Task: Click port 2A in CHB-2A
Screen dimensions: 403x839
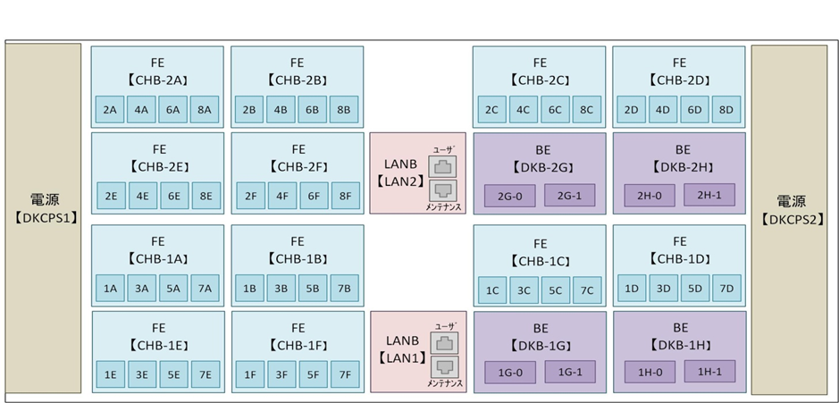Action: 109,110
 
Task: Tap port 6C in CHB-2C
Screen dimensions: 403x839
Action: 555,110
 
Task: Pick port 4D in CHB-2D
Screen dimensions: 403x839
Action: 663,110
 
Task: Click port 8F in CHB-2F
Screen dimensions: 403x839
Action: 344,196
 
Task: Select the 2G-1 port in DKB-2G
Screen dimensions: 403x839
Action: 569,196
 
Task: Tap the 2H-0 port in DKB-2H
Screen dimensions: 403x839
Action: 649,195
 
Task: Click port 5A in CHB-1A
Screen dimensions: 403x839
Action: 173,288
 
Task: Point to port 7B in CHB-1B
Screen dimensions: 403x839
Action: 344,288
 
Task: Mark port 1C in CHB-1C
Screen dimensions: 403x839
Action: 491,290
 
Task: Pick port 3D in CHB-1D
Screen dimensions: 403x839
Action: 663,288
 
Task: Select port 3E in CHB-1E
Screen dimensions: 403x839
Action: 142,375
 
